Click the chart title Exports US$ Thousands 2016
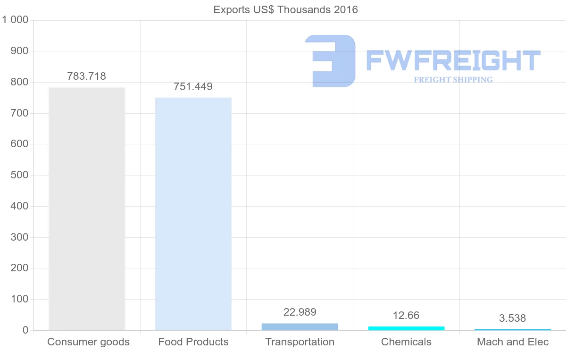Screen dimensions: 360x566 [x=285, y=9]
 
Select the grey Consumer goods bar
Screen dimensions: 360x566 [x=87, y=209]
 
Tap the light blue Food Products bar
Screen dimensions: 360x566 [x=193, y=214]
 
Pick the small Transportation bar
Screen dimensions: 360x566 [x=300, y=327]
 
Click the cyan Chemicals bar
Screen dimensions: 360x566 [x=406, y=328]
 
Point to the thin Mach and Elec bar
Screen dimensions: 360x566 [x=513, y=329]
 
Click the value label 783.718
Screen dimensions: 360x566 [x=87, y=76]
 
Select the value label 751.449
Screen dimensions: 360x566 [x=193, y=87]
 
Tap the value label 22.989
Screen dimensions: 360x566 [x=300, y=312]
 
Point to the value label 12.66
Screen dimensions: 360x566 [x=406, y=315]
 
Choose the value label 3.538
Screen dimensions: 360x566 [x=513, y=318]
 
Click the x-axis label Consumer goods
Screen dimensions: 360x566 [x=89, y=342]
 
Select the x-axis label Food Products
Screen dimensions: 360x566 [x=193, y=342]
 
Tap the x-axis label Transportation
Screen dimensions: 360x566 [x=300, y=342]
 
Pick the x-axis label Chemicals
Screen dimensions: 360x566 [x=406, y=342]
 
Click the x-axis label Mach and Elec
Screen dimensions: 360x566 [x=513, y=342]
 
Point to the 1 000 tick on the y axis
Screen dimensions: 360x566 [x=16, y=20]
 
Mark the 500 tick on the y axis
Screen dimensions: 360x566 [x=19, y=175]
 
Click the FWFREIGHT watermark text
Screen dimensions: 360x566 [x=453, y=60]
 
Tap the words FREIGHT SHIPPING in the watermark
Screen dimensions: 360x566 [x=453, y=80]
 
